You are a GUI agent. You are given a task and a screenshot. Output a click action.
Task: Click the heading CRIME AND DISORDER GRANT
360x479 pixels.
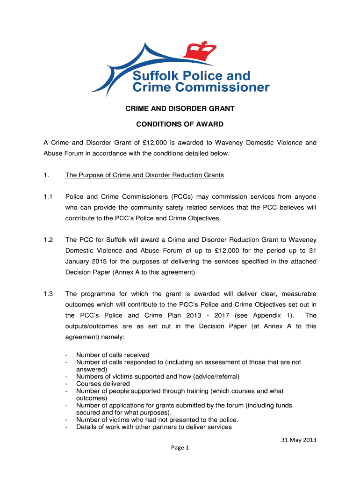(180, 109)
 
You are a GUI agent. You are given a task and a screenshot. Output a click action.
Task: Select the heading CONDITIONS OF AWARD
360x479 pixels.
(180, 124)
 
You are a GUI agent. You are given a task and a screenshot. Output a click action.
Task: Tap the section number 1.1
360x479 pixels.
(47, 196)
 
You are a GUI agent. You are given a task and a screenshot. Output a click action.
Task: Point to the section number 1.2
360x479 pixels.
(47, 239)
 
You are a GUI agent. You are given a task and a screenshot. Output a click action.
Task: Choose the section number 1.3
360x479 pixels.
(47, 294)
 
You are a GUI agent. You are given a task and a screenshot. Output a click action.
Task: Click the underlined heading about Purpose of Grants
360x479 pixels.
(144, 175)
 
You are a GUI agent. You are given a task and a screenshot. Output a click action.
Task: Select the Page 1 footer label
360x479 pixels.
(180, 448)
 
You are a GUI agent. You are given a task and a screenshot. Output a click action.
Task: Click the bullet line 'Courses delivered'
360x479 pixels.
(103, 384)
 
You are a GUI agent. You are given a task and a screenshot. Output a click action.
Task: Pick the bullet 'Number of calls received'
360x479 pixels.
(113, 355)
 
